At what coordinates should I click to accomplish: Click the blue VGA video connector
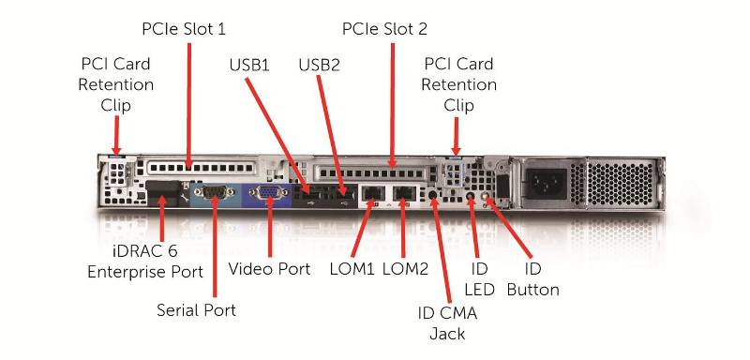click(x=267, y=193)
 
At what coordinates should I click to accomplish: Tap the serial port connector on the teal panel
click(x=214, y=193)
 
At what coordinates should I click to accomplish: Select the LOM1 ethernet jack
click(x=372, y=194)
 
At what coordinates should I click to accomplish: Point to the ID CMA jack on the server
click(x=432, y=195)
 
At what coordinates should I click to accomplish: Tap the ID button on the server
click(x=487, y=197)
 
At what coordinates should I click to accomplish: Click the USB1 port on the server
click(x=311, y=195)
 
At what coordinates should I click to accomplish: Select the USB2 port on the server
click(x=342, y=195)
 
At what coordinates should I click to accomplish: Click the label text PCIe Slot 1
click(x=184, y=29)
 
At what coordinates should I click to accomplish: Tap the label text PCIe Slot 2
click(x=384, y=29)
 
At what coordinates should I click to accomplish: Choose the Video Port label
click(x=269, y=269)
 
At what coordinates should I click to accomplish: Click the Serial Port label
click(x=196, y=310)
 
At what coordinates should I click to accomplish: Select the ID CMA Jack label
click(x=447, y=323)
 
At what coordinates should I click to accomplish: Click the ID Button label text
click(x=532, y=278)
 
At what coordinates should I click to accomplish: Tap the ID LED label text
click(x=479, y=278)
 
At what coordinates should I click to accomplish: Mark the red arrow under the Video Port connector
click(x=270, y=228)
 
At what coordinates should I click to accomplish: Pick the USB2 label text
click(x=319, y=65)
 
